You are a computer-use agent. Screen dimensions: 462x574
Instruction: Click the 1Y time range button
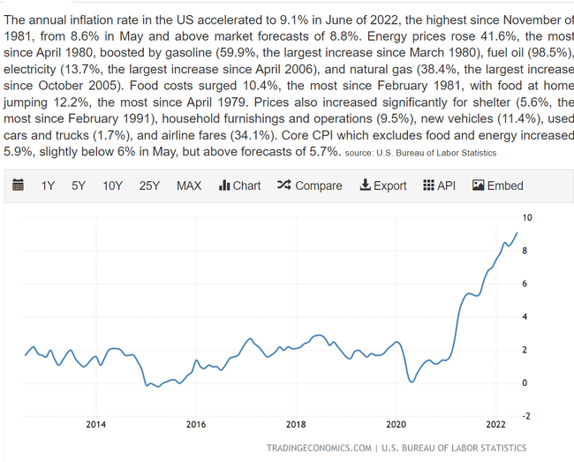click(49, 186)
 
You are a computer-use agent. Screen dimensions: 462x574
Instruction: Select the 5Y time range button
click(79, 186)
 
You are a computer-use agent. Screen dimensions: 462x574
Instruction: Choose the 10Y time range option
click(112, 186)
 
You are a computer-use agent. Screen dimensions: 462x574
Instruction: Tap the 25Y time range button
click(149, 186)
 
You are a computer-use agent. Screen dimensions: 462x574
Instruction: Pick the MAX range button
click(189, 186)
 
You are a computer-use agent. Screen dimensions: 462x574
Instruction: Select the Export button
click(383, 186)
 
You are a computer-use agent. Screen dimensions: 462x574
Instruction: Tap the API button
click(439, 186)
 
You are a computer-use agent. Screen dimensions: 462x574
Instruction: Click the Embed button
click(498, 186)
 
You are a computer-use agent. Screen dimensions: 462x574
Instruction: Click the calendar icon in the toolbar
click(18, 186)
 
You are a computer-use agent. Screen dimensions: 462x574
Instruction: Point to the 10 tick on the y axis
click(527, 217)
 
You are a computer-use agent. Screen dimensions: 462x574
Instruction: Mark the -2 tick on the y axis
click(527, 415)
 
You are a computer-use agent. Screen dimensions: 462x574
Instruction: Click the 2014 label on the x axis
click(96, 425)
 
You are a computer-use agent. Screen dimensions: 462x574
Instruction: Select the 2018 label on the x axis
click(296, 425)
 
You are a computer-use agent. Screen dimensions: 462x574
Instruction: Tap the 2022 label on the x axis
click(495, 425)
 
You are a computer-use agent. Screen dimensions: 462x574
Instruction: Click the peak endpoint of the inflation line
click(517, 232)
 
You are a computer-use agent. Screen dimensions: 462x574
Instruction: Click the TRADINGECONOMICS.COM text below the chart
click(319, 448)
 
